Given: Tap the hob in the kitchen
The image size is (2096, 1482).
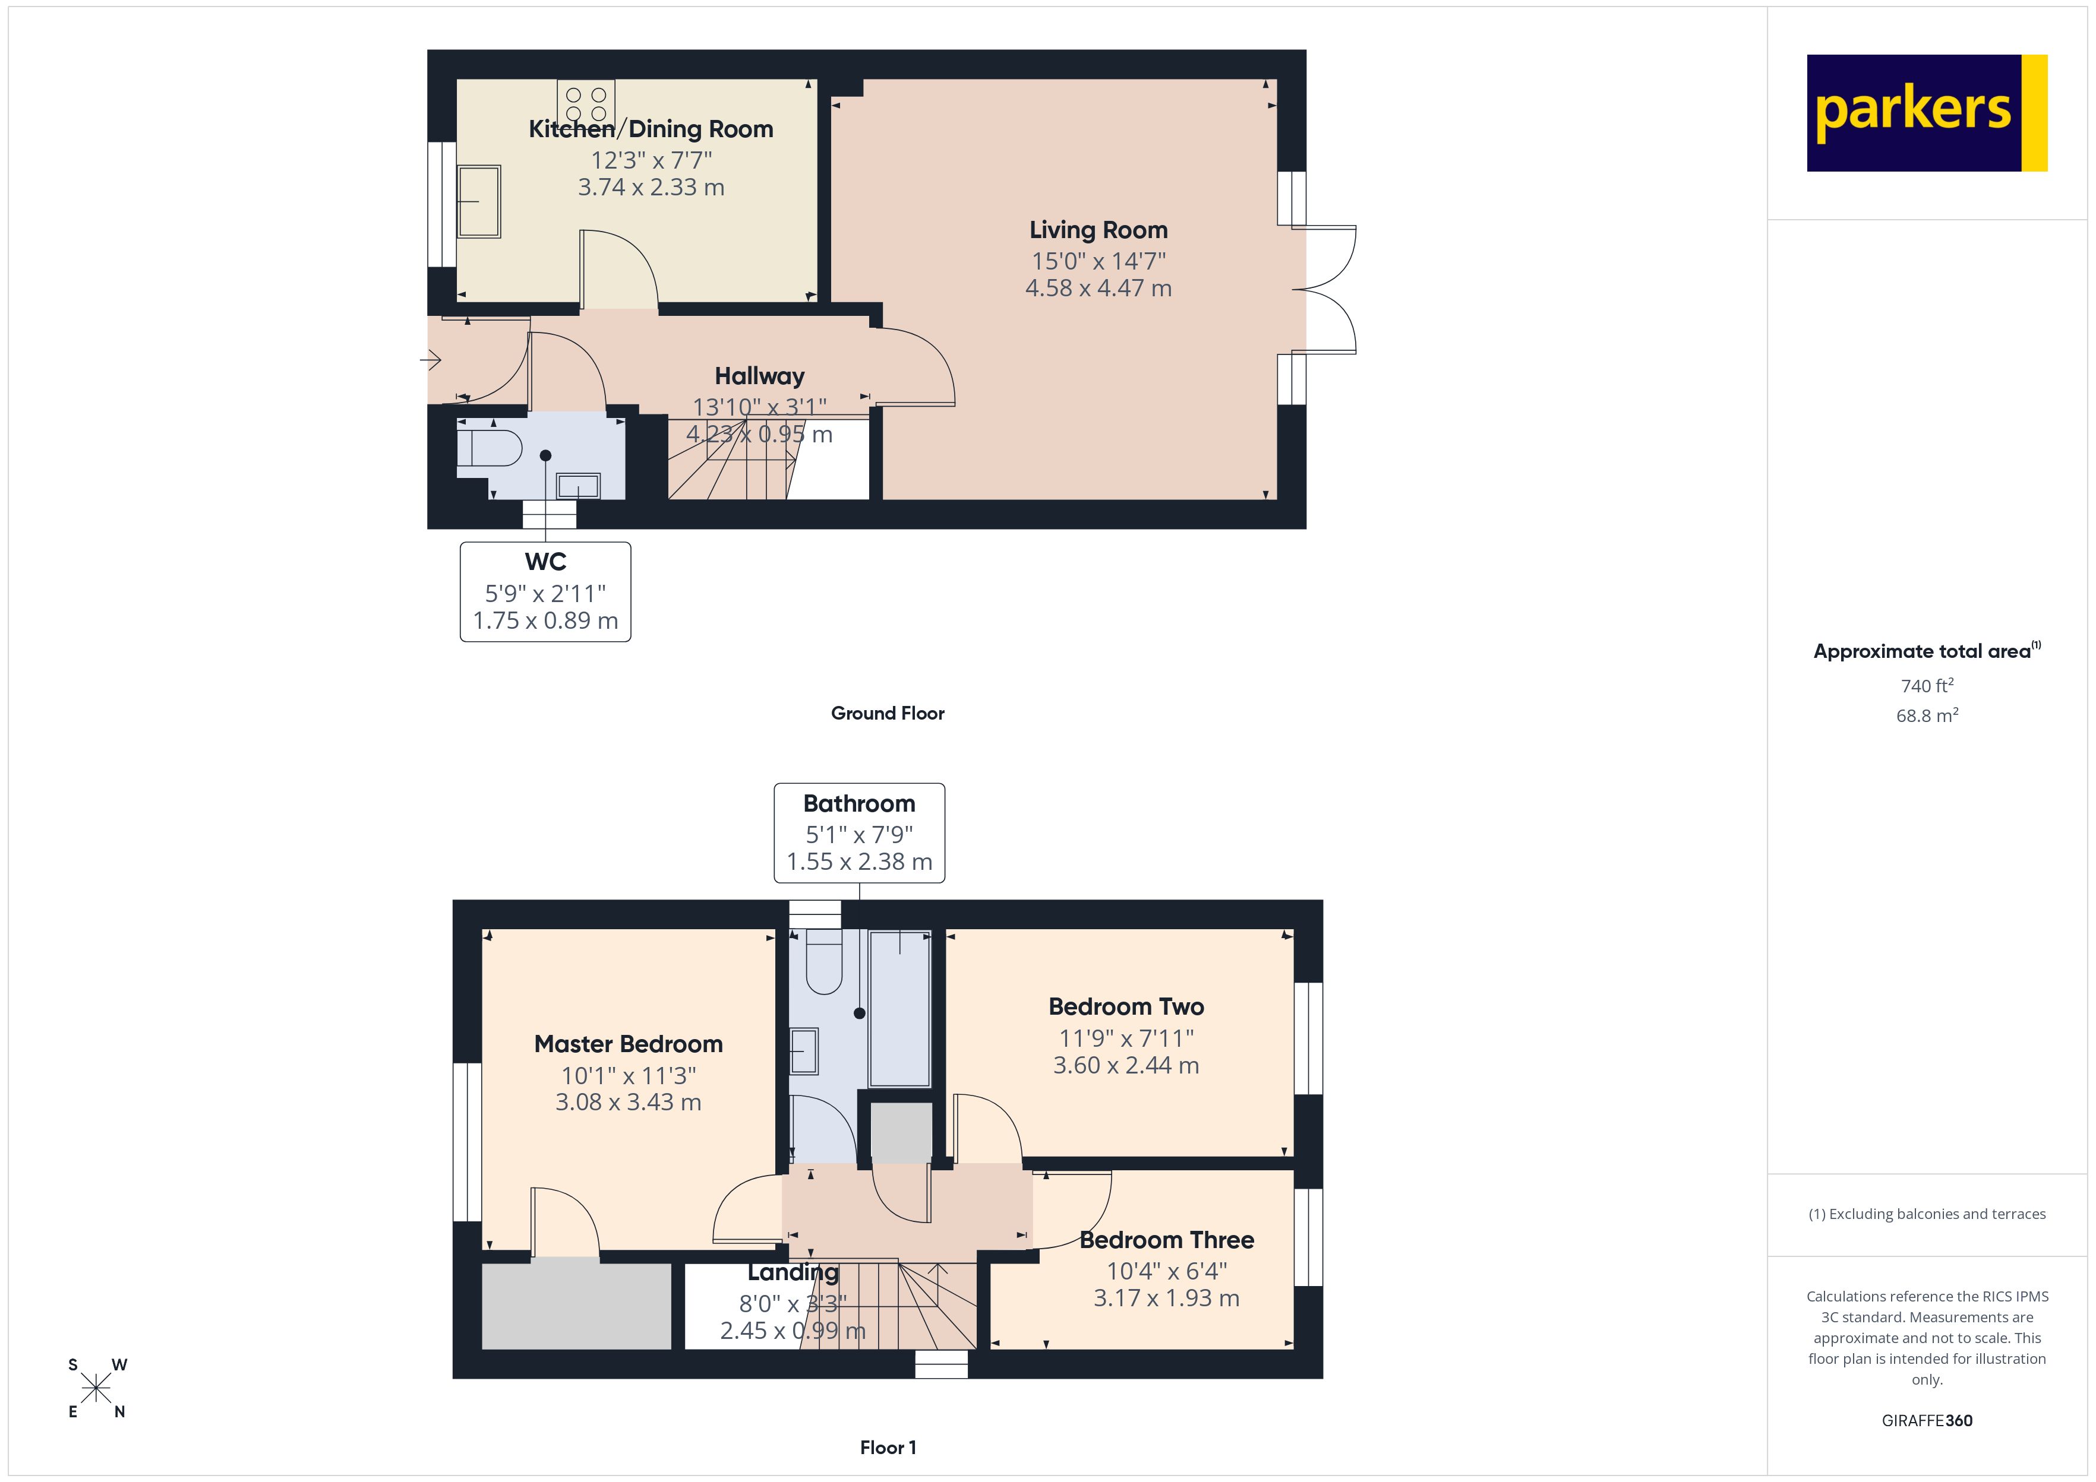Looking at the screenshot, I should click(586, 103).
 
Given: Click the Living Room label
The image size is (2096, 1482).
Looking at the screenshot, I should click(1098, 230).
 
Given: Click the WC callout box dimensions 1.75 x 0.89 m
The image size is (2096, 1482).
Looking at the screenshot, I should click(545, 620).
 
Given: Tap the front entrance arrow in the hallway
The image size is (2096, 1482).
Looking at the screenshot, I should click(431, 360).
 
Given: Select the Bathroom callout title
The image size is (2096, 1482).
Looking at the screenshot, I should click(859, 804).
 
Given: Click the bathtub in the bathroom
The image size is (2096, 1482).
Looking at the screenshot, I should click(900, 1008).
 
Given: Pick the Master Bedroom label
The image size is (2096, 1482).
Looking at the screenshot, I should click(628, 1044).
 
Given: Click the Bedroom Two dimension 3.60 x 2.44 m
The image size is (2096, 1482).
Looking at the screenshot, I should click(1126, 1065).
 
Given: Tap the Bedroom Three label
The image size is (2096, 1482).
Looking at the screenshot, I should click(1167, 1240).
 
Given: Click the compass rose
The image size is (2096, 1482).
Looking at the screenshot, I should click(96, 1389).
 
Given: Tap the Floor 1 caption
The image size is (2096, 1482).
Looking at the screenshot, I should click(888, 1448).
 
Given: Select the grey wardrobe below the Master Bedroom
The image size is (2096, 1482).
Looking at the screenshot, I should click(576, 1306).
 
